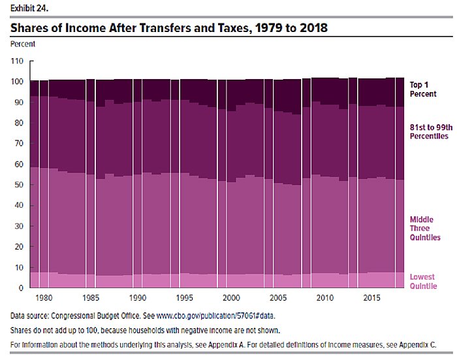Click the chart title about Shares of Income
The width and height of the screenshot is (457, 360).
(x=169, y=28)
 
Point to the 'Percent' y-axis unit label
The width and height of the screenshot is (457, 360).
(x=23, y=44)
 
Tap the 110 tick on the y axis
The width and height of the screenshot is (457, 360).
(x=17, y=61)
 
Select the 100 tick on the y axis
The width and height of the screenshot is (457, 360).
(x=17, y=82)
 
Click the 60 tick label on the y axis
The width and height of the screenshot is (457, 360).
(x=19, y=164)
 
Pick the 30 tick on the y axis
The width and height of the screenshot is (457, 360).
(x=19, y=226)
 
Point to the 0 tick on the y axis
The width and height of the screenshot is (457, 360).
(x=21, y=288)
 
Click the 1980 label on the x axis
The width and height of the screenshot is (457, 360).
(x=45, y=298)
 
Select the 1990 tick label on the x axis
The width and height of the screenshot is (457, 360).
(x=138, y=298)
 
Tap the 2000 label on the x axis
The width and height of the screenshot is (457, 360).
(x=230, y=298)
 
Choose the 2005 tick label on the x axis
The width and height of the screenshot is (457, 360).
(x=277, y=298)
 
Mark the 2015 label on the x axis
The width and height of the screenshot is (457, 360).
(x=370, y=298)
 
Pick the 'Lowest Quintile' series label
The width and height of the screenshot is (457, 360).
(x=422, y=282)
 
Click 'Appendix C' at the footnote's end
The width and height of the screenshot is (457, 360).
(x=415, y=344)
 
